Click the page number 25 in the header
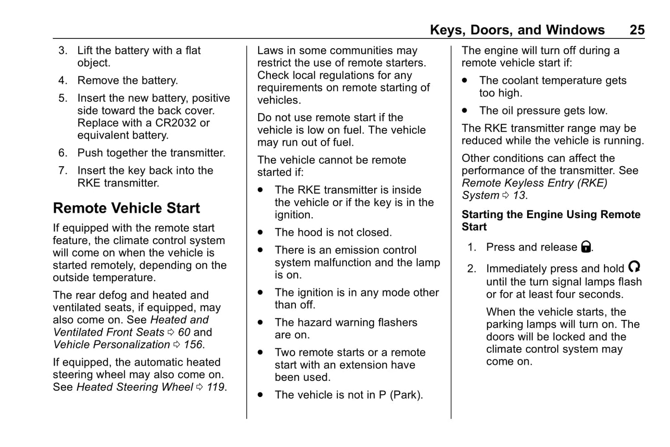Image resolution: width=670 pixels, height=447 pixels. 637,30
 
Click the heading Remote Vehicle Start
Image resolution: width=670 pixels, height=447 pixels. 126,208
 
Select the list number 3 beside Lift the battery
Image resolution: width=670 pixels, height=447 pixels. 63,50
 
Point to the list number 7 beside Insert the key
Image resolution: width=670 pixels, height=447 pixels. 63,170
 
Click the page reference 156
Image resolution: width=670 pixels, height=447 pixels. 193,345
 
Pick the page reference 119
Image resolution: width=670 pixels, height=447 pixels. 216,387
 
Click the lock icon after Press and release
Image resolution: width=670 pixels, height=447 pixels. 586,247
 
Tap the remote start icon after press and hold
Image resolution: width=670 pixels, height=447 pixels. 634,267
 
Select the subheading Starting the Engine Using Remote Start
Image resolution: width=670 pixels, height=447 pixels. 550,220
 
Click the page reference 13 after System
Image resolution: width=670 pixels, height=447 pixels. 519,195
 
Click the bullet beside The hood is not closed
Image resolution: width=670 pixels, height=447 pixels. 261,233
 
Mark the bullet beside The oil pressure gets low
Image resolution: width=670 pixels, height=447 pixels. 465,111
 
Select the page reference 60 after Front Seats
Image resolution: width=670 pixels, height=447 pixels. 184,333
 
